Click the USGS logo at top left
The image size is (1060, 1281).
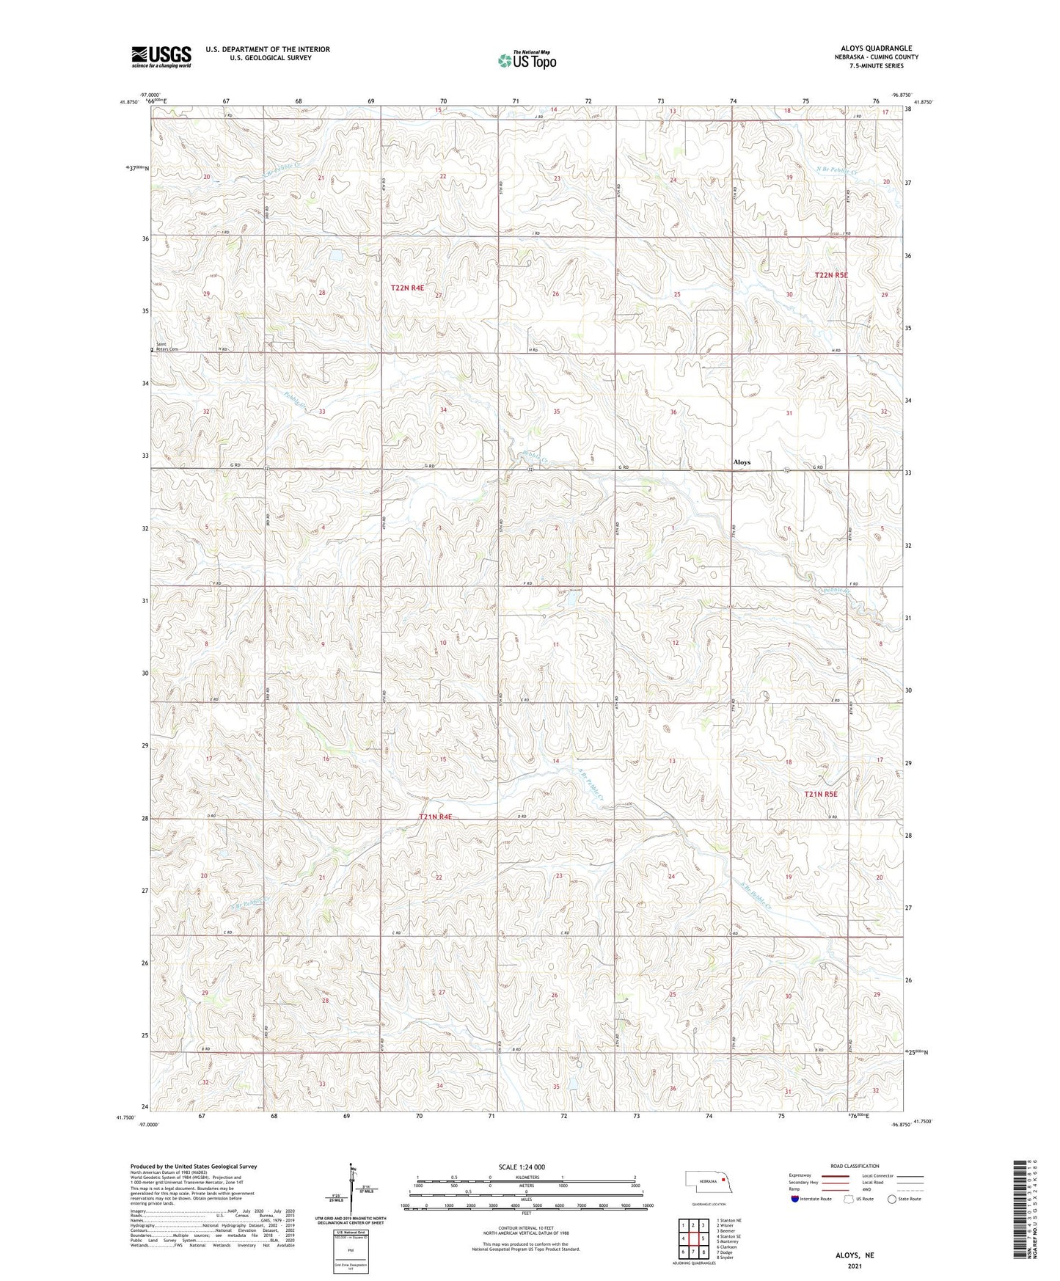(x=161, y=56)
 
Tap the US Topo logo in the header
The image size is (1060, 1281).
(x=526, y=60)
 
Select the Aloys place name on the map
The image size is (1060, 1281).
(x=742, y=462)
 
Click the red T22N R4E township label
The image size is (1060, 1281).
(x=407, y=288)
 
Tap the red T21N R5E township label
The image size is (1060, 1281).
(x=820, y=794)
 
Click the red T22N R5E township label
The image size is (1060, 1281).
(x=830, y=275)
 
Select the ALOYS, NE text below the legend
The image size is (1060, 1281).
(x=855, y=1255)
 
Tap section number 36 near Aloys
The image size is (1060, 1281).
(x=673, y=412)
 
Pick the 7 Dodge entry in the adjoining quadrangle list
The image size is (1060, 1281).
(x=727, y=1252)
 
